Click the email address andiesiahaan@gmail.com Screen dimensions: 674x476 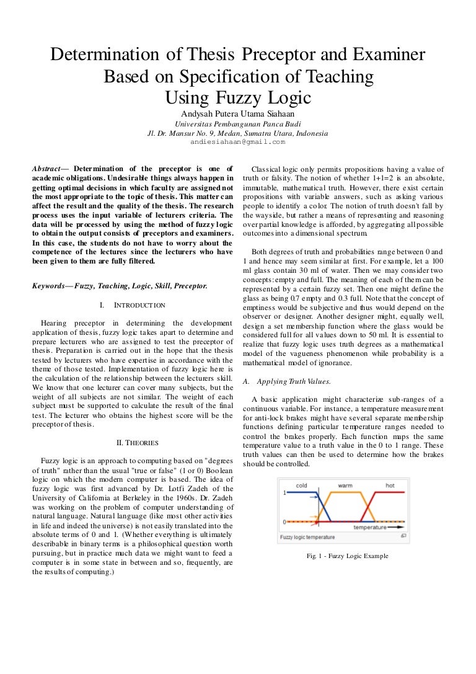[x=237, y=141]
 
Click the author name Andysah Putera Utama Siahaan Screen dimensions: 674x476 [x=237, y=114]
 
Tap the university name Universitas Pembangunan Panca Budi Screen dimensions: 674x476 [x=237, y=123]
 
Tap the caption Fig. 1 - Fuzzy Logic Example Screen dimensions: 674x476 [x=348, y=556]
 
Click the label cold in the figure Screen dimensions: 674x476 [x=302, y=485]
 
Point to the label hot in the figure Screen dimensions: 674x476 [x=390, y=485]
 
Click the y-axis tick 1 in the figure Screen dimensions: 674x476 [x=284, y=492]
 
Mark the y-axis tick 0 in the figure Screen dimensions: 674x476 [x=284, y=522]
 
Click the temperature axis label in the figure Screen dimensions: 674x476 [x=374, y=527]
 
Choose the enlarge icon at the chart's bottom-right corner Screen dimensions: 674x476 [x=403, y=536]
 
